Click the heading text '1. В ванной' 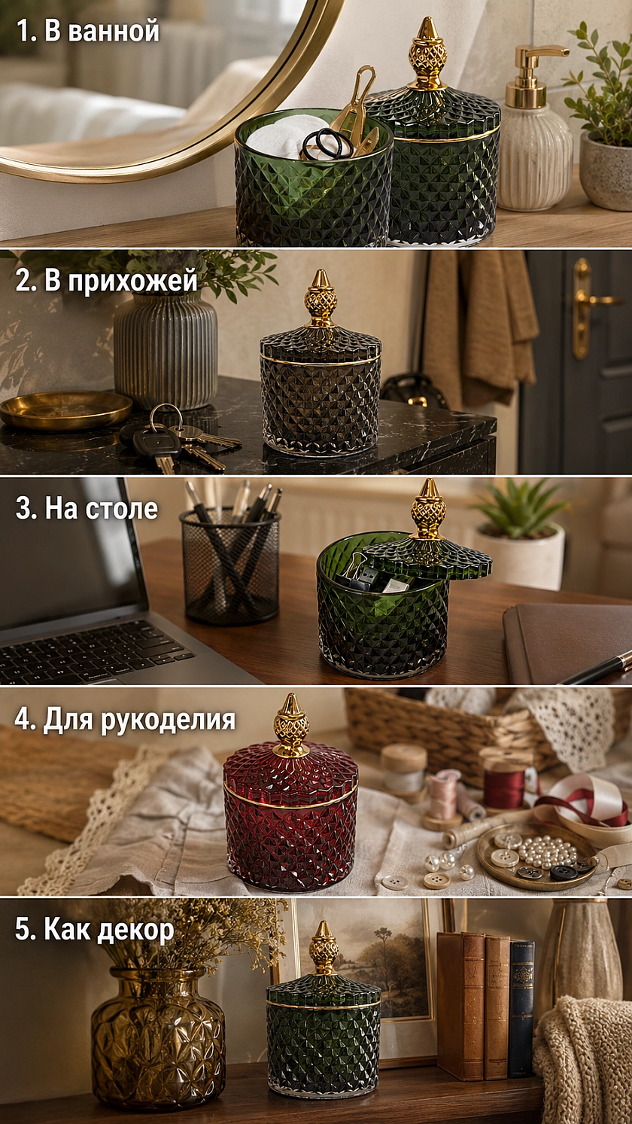(88, 31)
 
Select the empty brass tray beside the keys (65, 409)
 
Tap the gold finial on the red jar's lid (291, 726)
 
